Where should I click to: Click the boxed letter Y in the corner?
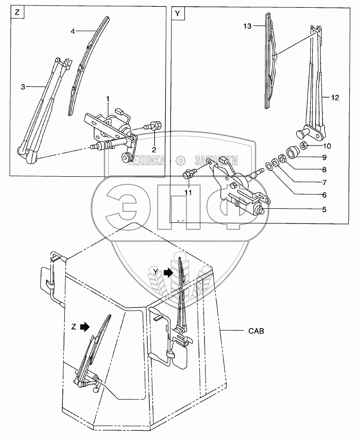177,14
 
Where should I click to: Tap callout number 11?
188,193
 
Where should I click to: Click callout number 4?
73,31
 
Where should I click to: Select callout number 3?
22,87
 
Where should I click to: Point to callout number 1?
108,99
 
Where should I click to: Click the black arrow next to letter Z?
86,328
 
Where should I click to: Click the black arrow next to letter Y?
169,273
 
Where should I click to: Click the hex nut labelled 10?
303,146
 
